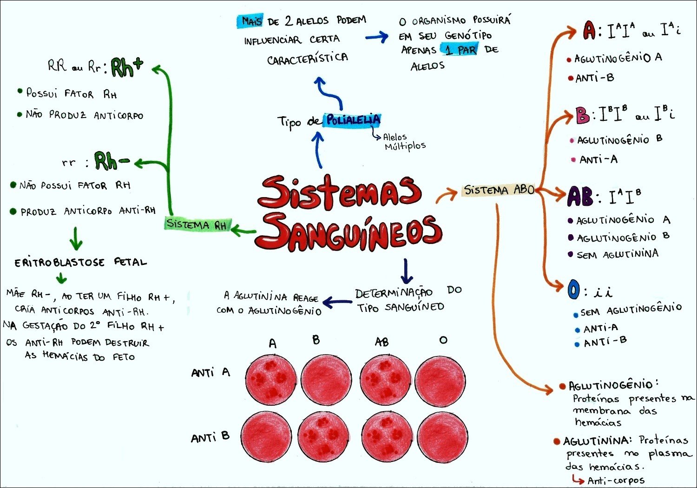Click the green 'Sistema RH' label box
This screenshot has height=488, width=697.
click(x=197, y=224)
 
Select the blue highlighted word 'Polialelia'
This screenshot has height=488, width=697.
click(x=353, y=120)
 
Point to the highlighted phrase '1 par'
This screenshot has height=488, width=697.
click(x=460, y=49)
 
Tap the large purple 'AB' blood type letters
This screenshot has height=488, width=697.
click(x=579, y=197)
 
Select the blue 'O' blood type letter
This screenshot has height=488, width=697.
click(x=574, y=290)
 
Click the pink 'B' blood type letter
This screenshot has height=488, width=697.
click(x=582, y=115)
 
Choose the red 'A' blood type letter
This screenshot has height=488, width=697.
click(x=589, y=31)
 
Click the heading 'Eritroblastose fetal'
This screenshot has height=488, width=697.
click(x=80, y=263)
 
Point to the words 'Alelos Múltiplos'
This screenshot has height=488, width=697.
click(x=403, y=142)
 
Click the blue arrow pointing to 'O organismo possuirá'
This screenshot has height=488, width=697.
click(x=377, y=37)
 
